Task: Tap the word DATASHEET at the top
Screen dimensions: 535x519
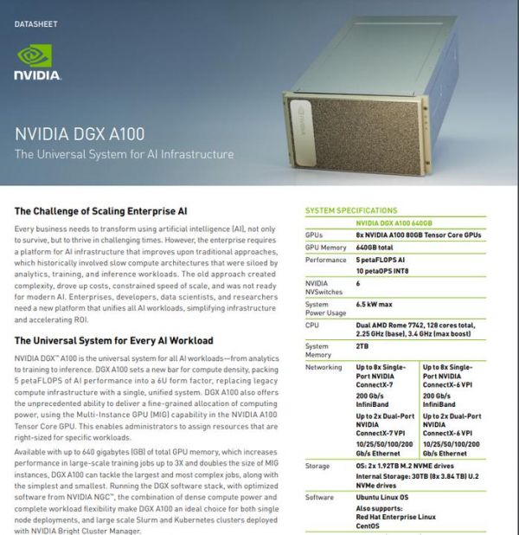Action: [x=35, y=23]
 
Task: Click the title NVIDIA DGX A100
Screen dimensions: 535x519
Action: [x=80, y=134]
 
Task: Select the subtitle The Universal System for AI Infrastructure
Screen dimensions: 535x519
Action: [x=124, y=154]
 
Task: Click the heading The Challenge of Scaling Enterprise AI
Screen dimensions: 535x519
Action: [x=101, y=210]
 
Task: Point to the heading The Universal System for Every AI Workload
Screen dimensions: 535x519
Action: [x=113, y=340]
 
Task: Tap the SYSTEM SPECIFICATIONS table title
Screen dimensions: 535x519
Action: [x=351, y=210]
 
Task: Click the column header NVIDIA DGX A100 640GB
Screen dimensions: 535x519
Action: [x=394, y=222]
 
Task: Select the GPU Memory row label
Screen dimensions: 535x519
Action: [x=325, y=247]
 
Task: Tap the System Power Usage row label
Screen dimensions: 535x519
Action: [x=317, y=309]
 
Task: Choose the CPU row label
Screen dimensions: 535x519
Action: [x=312, y=325]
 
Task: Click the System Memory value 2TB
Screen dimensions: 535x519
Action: [x=362, y=345]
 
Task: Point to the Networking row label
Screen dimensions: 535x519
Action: [x=324, y=367]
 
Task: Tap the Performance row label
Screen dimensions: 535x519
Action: [x=326, y=259]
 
